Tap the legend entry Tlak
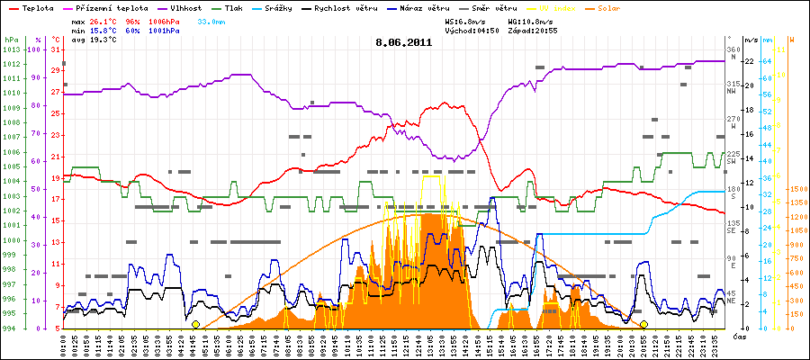click(252, 7)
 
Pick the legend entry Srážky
click(311, 7)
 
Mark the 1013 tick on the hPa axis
click(11, 49)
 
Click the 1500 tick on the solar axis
click(797, 190)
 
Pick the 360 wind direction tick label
click(732, 49)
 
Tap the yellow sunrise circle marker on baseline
click(195, 324)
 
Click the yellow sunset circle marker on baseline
click(643, 324)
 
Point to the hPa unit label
click(11, 40)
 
